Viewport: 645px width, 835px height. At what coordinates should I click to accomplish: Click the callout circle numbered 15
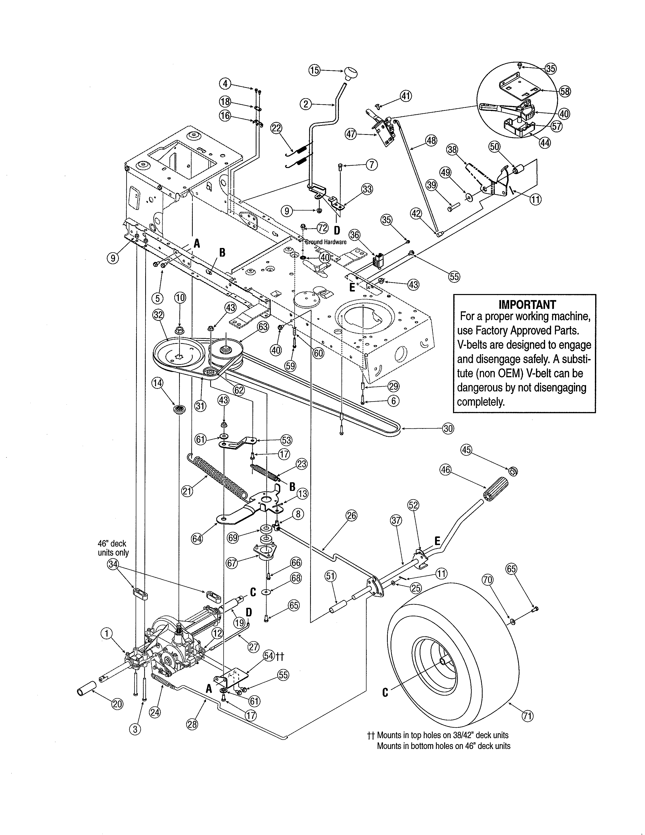click(x=314, y=70)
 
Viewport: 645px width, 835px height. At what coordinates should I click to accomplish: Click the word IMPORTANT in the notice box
click(x=527, y=304)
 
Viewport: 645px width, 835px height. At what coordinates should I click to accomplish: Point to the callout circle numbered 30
click(x=448, y=429)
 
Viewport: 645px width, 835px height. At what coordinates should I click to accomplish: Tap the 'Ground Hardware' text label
click(x=326, y=242)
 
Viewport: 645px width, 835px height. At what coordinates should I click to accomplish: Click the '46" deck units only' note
click(x=113, y=548)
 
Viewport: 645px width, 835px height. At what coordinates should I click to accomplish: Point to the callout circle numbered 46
click(x=445, y=469)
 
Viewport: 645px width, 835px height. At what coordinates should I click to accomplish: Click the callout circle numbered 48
click(x=431, y=141)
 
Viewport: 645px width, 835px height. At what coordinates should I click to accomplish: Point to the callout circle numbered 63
click(x=263, y=327)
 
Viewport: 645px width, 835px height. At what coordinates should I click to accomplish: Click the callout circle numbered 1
click(x=106, y=634)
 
